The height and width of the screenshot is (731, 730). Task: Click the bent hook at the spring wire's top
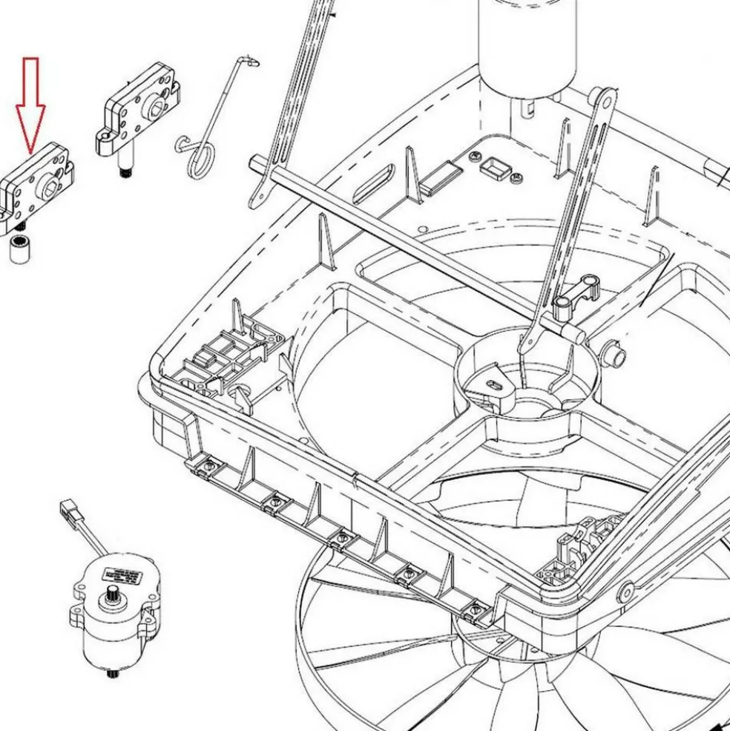[x=249, y=61]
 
